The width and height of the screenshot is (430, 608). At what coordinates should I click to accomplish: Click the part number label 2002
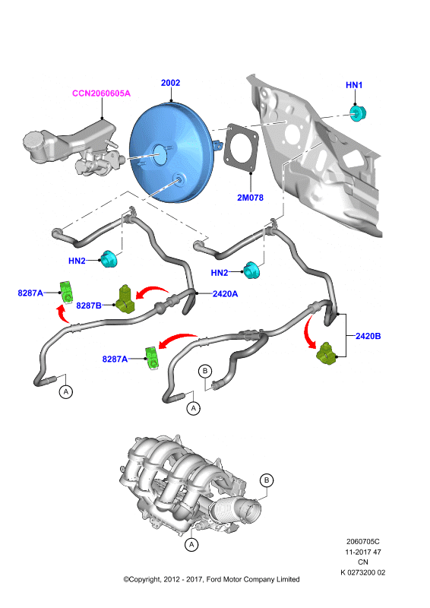coord(171,83)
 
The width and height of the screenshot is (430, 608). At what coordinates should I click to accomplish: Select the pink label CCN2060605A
coord(102,93)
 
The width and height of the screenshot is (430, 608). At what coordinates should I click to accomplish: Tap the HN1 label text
coord(354,85)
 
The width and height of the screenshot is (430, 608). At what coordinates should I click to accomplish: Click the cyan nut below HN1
coord(358,112)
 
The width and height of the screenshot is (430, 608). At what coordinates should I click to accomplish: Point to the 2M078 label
coord(250,198)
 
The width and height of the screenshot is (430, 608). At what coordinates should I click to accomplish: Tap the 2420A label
coord(226,294)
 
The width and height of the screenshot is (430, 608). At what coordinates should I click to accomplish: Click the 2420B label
coord(368,336)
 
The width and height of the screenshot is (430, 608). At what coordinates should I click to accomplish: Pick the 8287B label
coord(89,306)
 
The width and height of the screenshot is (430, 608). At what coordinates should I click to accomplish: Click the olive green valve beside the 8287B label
coord(125,299)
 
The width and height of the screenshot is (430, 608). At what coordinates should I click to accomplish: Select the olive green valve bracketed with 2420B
coord(327,353)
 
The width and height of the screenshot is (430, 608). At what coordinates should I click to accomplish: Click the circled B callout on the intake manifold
coord(267,480)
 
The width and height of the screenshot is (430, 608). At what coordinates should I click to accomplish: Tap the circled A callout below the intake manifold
coord(191,544)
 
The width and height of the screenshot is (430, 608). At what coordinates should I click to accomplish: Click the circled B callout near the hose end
coord(205,371)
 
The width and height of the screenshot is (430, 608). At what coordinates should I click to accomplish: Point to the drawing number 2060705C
coord(363,541)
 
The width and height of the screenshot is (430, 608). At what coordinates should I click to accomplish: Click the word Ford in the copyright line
coord(213,579)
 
